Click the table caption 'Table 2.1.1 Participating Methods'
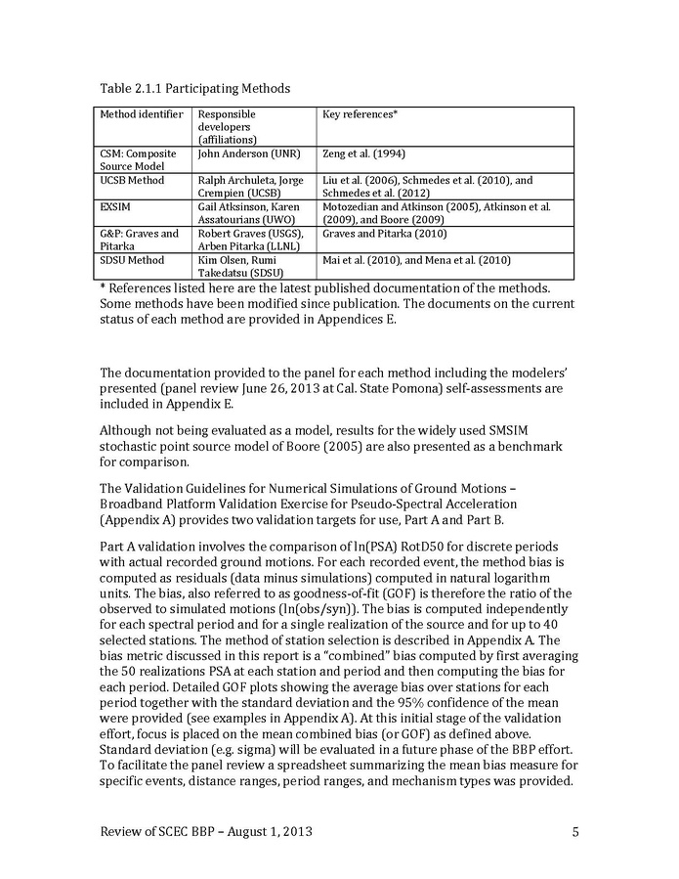[195, 89]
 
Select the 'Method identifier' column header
[142, 114]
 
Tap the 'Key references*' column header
[360, 114]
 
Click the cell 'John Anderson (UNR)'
[248, 154]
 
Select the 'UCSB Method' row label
[133, 181]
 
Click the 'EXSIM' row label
[117, 207]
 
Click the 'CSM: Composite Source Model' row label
[137, 160]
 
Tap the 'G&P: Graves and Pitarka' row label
[140, 241]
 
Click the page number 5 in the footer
[575, 833]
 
